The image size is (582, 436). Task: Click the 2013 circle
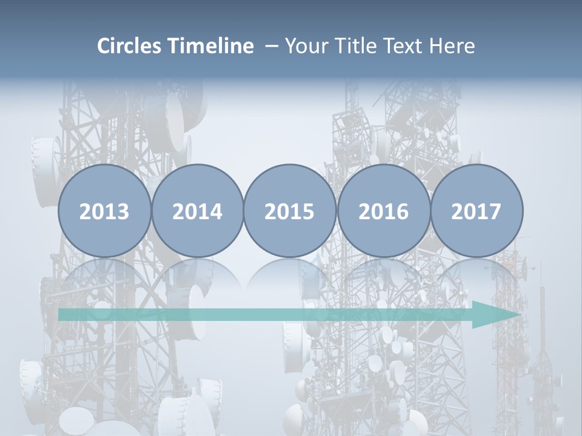[x=104, y=182]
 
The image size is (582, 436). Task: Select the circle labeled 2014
[x=198, y=182]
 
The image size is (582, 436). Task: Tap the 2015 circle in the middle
[x=290, y=182]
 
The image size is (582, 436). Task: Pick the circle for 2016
[x=383, y=182]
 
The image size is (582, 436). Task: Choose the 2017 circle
[x=477, y=182]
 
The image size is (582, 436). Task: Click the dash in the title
[x=271, y=47]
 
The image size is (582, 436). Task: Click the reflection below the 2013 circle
[x=104, y=276]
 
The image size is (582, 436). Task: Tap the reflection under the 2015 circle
[x=290, y=276]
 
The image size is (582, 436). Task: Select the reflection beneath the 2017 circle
[x=477, y=276]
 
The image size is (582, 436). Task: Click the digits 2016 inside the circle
[x=383, y=211]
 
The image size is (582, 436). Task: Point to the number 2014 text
[x=198, y=211]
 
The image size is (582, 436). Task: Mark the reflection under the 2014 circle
[x=198, y=276]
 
